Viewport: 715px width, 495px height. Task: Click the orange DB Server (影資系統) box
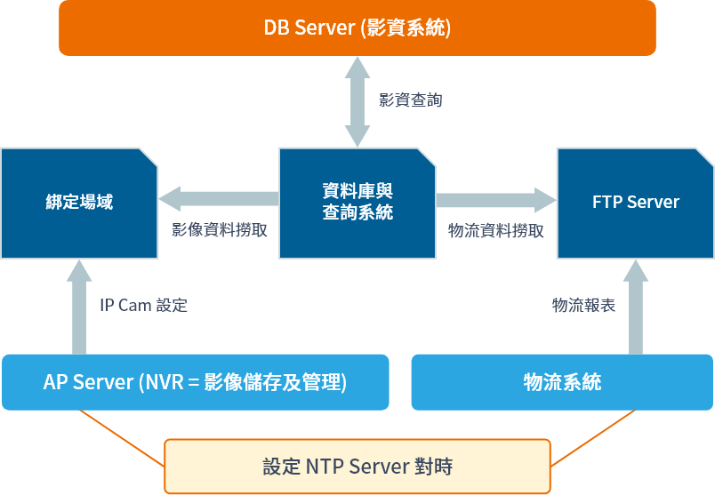(357, 28)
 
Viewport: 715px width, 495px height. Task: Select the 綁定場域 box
(79, 203)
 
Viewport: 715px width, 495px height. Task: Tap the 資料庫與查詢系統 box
(357, 203)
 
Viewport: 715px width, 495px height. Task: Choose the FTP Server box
(635, 203)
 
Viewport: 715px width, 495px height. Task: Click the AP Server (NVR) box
(195, 382)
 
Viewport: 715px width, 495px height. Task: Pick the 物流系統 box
(562, 382)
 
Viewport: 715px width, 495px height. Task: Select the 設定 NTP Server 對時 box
(357, 466)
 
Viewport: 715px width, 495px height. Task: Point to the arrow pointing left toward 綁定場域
(219, 198)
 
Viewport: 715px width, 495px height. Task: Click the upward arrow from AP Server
(79, 307)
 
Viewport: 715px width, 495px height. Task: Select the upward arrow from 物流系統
(635, 307)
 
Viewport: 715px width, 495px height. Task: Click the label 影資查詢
(410, 100)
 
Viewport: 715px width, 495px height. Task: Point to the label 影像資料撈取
(220, 230)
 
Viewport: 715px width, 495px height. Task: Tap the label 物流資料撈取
(496, 230)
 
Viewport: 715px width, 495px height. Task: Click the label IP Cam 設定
(143, 306)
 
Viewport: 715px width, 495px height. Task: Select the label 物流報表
(583, 306)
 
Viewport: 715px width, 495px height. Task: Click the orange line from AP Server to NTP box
(122, 438)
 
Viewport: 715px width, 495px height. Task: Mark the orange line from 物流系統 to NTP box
(593, 438)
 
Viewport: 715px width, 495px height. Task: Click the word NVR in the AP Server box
(164, 382)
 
